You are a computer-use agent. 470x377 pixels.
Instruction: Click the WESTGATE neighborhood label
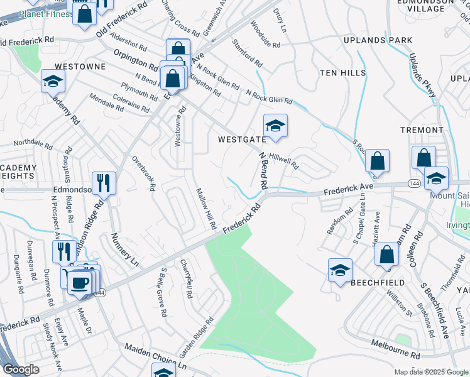click(242, 139)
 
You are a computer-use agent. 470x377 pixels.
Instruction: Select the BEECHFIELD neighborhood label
click(378, 283)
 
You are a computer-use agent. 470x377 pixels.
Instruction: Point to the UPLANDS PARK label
click(378, 40)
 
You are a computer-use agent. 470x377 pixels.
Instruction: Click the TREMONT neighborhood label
click(422, 130)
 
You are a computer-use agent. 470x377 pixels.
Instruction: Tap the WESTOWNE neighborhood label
click(79, 65)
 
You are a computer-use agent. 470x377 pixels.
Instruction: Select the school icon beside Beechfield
click(340, 271)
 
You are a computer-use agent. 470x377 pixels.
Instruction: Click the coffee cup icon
click(78, 281)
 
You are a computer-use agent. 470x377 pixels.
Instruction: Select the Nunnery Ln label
click(124, 248)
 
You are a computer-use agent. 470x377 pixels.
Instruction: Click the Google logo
click(20, 369)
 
